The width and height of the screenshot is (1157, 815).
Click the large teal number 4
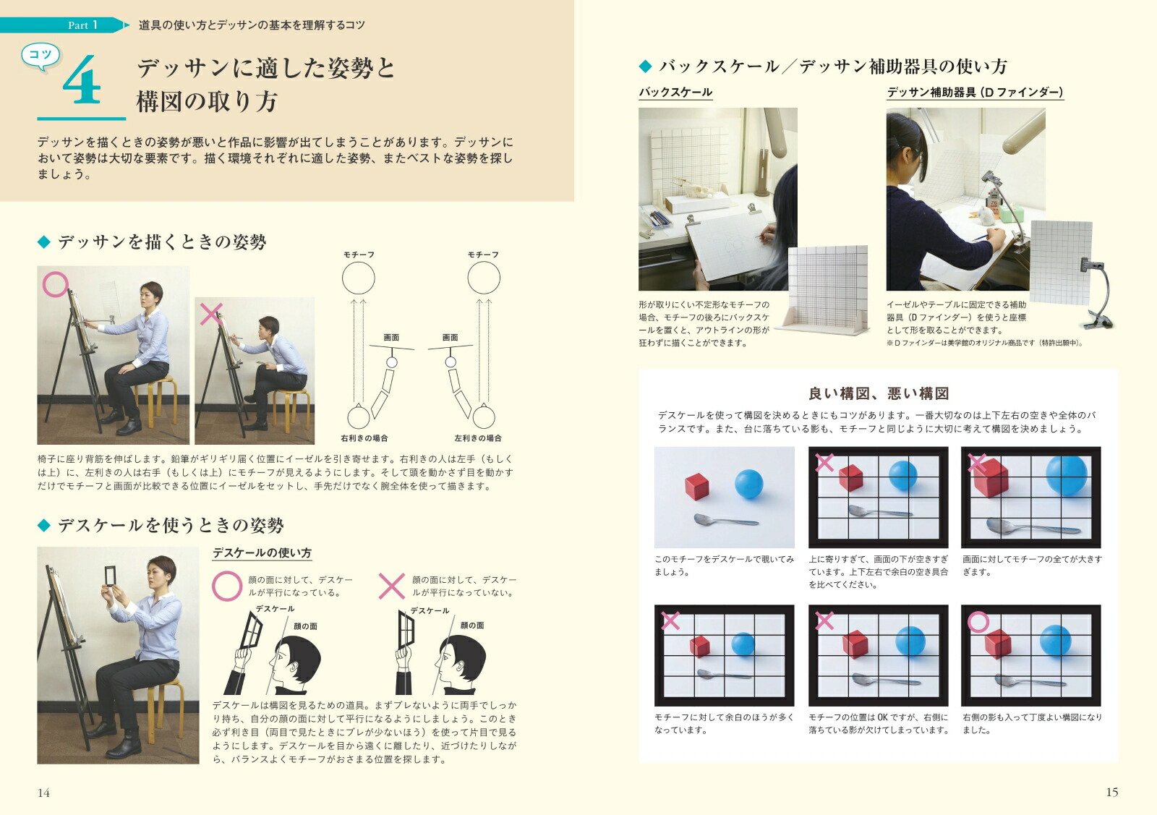(x=82, y=80)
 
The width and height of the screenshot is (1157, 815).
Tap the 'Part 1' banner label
(x=82, y=25)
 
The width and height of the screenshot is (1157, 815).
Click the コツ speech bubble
(x=40, y=56)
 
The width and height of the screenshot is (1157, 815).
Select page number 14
(x=43, y=793)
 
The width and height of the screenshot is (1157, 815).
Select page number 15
(x=1111, y=793)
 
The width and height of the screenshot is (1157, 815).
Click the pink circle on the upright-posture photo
(x=55, y=285)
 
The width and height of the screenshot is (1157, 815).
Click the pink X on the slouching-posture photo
(x=211, y=314)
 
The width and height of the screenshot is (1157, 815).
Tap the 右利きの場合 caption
(x=364, y=438)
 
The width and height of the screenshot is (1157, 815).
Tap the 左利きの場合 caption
(x=478, y=438)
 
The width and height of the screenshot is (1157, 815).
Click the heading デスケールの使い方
(x=262, y=553)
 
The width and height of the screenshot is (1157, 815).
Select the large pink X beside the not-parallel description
(x=391, y=586)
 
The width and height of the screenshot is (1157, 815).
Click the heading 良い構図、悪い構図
(x=879, y=393)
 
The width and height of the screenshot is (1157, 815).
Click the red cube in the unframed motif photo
(x=697, y=486)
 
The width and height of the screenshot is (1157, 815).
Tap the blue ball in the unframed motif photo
(x=749, y=484)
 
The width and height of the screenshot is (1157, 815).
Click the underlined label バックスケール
(x=675, y=93)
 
